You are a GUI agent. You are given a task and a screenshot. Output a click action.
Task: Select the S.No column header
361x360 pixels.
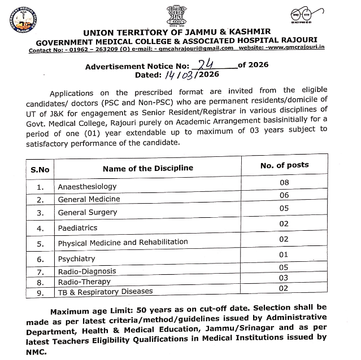tap(40, 169)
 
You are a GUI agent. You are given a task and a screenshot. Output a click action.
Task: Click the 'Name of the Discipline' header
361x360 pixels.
tap(148, 168)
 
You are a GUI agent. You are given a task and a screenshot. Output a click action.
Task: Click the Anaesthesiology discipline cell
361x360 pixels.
tap(87, 186)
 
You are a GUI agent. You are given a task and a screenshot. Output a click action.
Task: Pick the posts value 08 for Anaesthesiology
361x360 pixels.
tap(284, 183)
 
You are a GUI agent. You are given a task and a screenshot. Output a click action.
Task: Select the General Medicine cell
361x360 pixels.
tap(89, 199)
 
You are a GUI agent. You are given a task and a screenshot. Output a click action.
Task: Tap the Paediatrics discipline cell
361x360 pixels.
tap(77, 228)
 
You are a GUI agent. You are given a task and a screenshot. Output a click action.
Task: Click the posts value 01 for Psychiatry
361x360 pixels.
tap(284, 254)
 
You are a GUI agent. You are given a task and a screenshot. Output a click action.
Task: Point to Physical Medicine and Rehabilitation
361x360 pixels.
tap(123, 243)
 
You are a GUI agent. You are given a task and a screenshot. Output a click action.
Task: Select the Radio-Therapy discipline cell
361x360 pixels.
tap(84, 281)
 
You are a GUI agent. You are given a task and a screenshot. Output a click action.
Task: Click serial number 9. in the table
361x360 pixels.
tap(40, 292)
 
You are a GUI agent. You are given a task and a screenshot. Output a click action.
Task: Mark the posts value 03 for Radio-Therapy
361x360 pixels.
tap(284, 278)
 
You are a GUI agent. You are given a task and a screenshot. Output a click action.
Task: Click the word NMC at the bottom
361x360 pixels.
tap(39, 350)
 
